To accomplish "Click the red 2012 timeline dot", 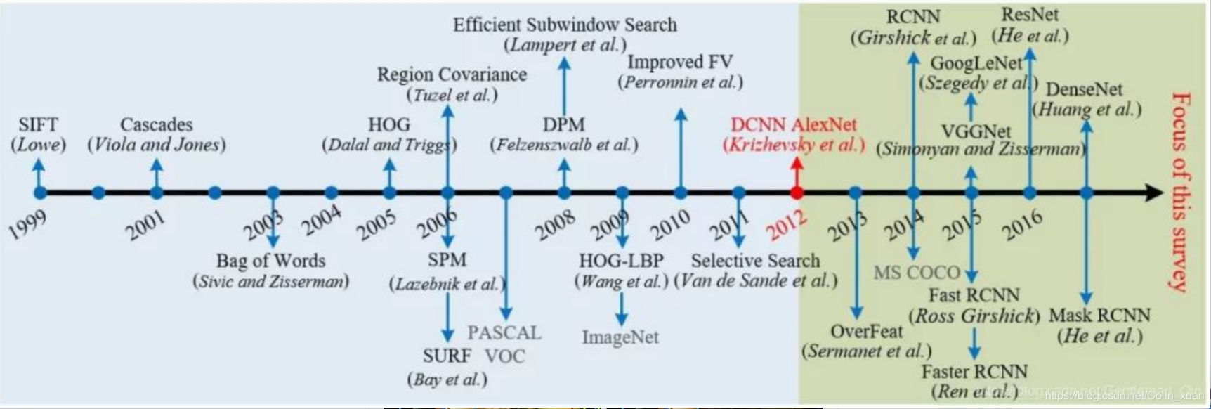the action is coord(797,192).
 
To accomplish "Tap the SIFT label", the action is coord(38,125).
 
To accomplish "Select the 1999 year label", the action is coord(27,225).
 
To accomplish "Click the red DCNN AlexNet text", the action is coord(794,125).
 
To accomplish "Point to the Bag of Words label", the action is coord(270,261).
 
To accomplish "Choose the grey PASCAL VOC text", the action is coord(504,344).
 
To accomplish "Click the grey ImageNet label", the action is coord(620,337).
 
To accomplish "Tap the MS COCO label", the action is coord(917,273).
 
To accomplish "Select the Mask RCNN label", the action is coord(1099,316).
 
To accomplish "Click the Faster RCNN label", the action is coord(974,371).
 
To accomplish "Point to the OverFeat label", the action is coord(866,331).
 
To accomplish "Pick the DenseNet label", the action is coord(1084,90).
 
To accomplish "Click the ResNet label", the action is coord(1030,14).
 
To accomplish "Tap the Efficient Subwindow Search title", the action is coord(565,25).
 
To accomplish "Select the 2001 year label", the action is coord(145,225).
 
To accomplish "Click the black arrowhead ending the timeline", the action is coord(1154,192).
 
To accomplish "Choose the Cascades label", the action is coord(156,125).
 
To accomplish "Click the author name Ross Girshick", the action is coord(974,316).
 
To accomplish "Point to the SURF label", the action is coord(446,356).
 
